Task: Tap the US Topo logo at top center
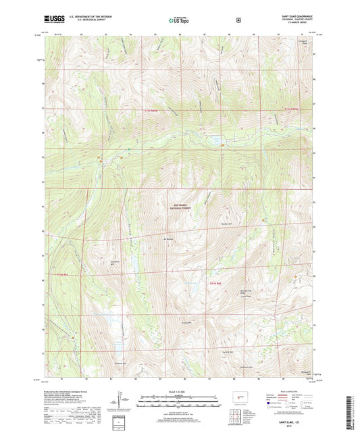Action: coord(179,20)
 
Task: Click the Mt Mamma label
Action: coord(169,239)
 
